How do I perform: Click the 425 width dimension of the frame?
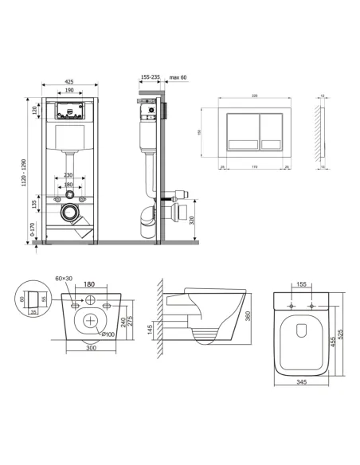[x=70, y=81]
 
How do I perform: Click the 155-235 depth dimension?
[x=149, y=78]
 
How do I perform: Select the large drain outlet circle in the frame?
[x=70, y=213]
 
